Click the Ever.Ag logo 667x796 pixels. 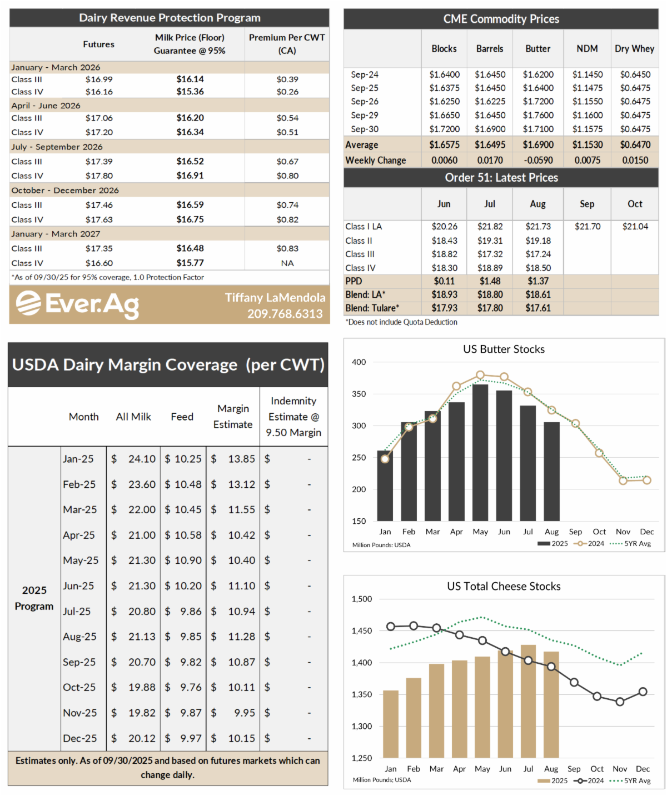[77, 304]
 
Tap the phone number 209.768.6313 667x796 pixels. [285, 314]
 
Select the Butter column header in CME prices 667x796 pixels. [537, 49]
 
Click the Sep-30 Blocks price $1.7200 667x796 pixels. [444, 129]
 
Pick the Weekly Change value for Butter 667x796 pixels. [537, 161]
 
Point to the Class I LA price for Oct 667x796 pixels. [635, 227]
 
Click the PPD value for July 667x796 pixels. [490, 281]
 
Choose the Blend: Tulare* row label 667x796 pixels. [372, 308]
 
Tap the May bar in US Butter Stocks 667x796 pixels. [480, 453]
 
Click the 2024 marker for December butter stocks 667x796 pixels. [646, 480]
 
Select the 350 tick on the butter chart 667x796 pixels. [359, 394]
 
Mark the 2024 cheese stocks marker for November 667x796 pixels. [620, 702]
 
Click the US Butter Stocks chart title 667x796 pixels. [504, 349]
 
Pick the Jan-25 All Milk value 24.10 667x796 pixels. [142, 459]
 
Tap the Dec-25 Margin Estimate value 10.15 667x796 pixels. [241, 738]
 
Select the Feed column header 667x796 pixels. [182, 417]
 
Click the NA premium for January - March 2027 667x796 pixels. [287, 263]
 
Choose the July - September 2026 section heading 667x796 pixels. [57, 147]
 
